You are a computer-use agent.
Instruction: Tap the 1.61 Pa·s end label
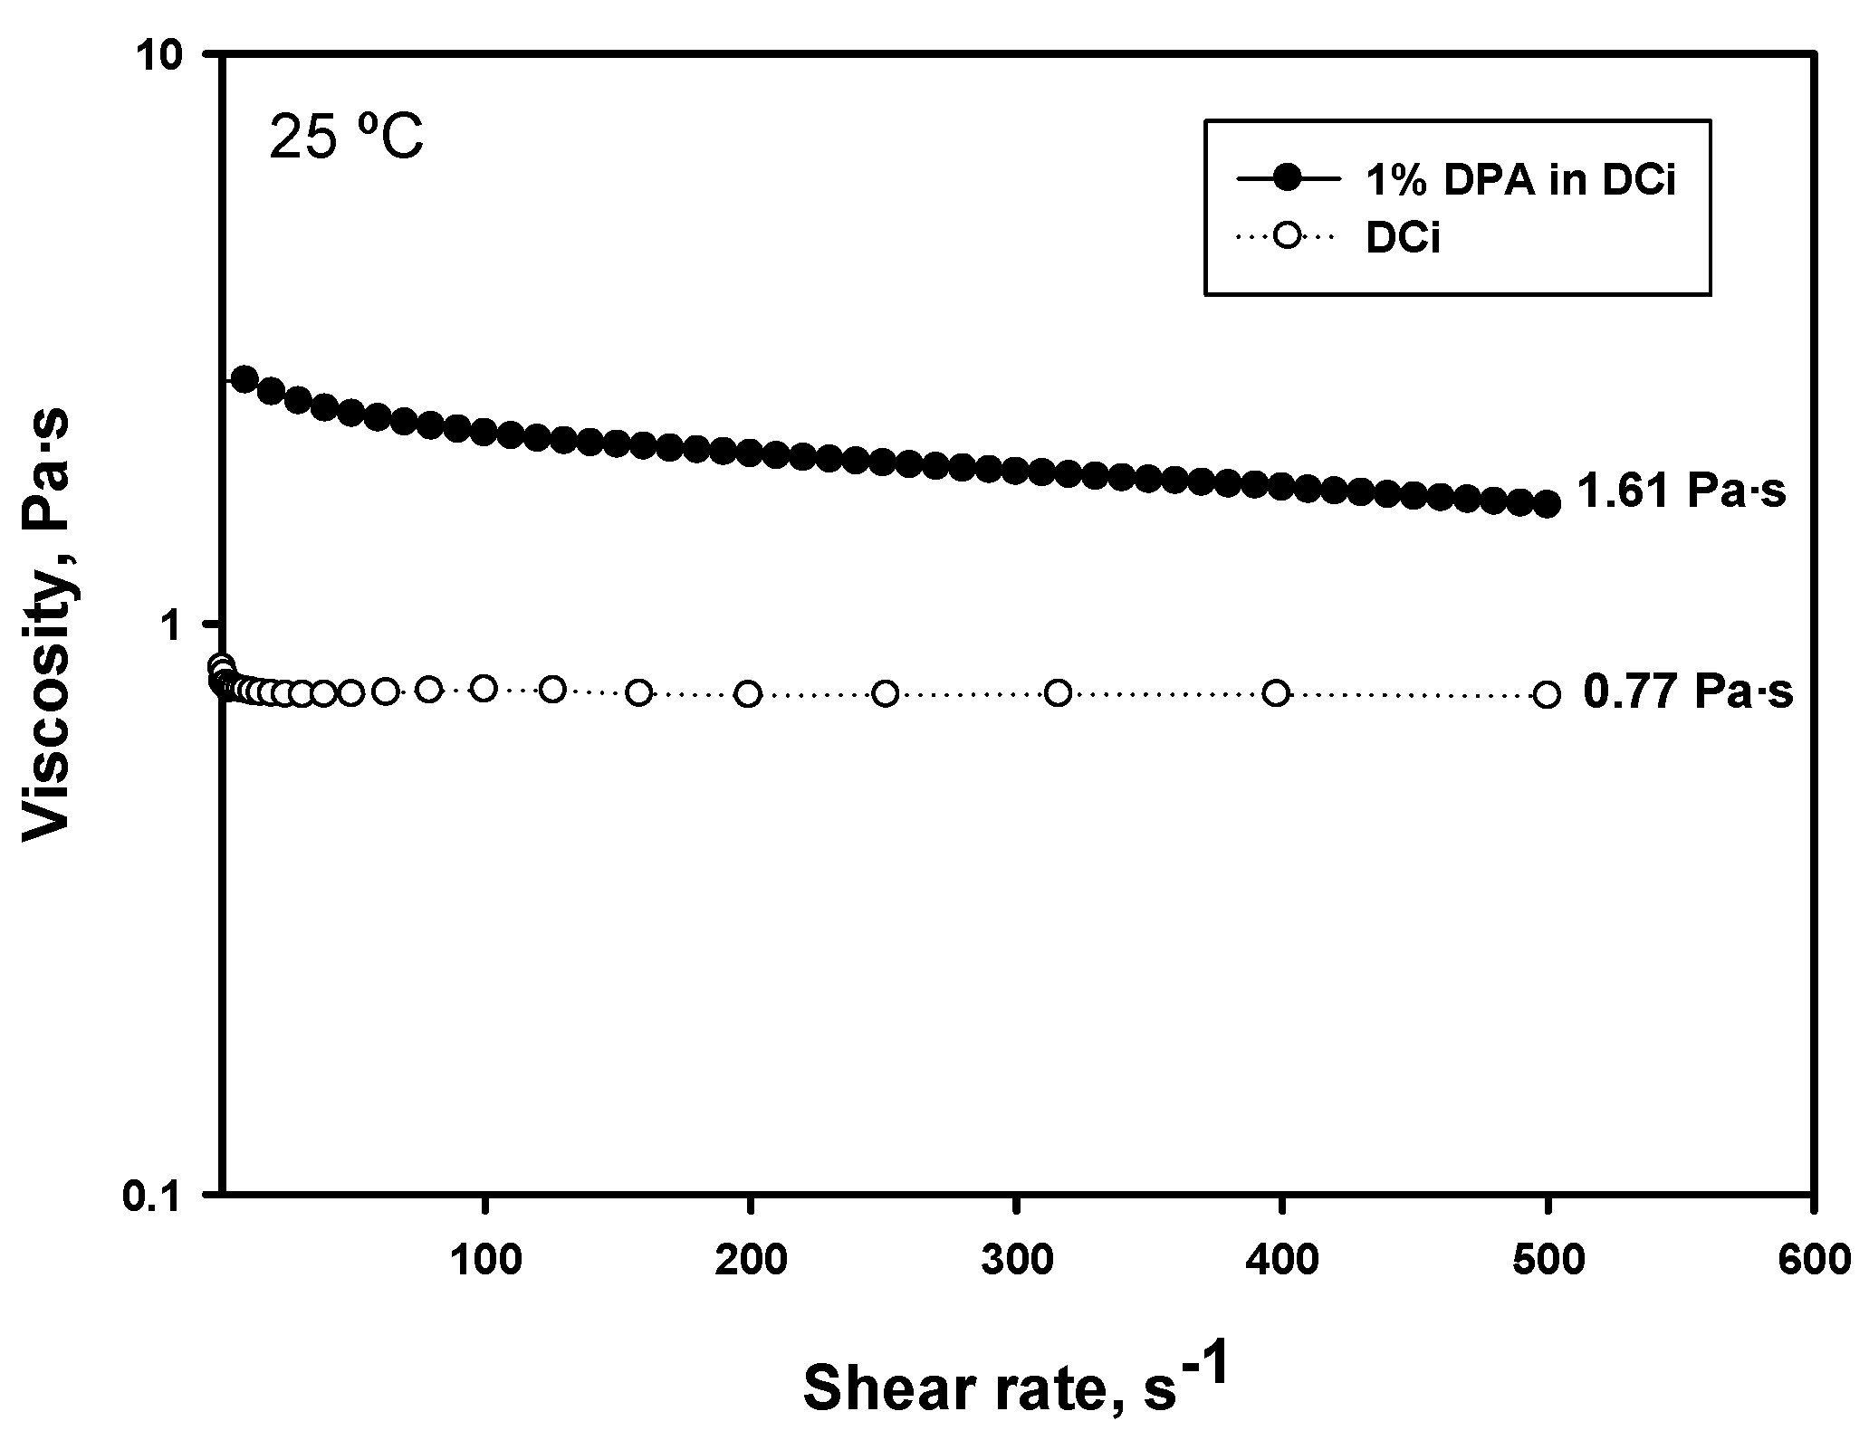coord(1681,492)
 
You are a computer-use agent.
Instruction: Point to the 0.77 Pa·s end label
coord(1687,693)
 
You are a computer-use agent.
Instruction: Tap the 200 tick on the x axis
coord(750,1260)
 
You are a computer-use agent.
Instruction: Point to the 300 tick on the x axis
coord(1015,1260)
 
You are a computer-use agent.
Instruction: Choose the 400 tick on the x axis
coord(1280,1260)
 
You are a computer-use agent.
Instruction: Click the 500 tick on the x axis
coord(1547,1260)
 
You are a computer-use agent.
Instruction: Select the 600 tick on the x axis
coord(1811,1260)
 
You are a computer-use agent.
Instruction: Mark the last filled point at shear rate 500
coord(1548,504)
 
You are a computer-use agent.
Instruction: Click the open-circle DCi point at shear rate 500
coord(1548,695)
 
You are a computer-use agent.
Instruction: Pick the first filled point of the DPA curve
coord(244,379)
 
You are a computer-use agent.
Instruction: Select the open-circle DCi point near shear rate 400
coord(1276,693)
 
